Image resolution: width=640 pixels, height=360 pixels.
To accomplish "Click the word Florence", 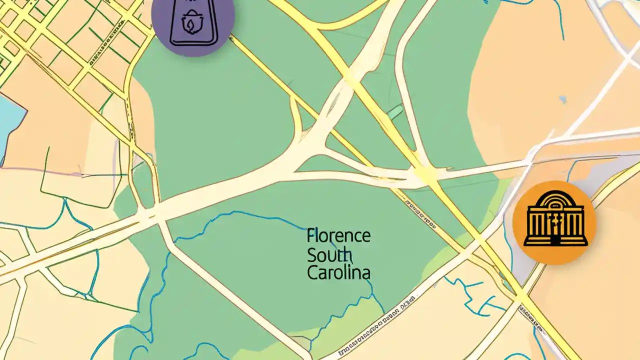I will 338,235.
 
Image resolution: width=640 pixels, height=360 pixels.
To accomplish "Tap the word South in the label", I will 328,254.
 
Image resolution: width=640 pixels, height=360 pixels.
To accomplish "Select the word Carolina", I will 338,273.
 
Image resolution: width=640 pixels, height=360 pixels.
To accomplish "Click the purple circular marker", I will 193,22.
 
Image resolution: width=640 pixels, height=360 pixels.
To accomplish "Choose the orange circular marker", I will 554,222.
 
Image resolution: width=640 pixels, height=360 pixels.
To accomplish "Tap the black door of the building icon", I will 555,240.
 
